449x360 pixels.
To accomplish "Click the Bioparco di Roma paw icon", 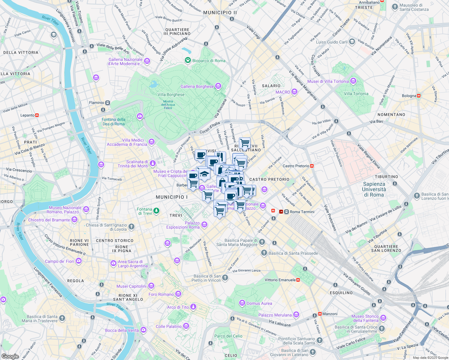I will click(188, 60).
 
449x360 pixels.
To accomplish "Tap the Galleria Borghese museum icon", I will click(218, 86).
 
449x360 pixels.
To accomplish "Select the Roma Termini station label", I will click(302, 212).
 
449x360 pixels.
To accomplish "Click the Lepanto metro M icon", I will click(37, 115).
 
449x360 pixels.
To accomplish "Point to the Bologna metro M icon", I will click(419, 96).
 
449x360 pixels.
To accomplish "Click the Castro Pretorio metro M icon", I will click(312, 166).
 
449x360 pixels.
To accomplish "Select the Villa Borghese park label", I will click(171, 94).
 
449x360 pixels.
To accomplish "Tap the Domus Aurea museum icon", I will click(242, 303).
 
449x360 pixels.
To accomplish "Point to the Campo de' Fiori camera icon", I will click(79, 261).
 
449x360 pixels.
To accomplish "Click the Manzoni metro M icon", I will click(320, 314).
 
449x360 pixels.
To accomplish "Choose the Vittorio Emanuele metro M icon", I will click(298, 280).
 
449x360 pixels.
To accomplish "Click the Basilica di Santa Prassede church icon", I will click(264, 253).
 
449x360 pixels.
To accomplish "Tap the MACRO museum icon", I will click(294, 92).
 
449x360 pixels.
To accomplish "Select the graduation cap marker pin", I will click(204, 174).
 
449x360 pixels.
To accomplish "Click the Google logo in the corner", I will click(10, 356).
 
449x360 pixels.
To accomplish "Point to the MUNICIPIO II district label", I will click(220, 13).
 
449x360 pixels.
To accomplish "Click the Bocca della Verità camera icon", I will click(143, 330).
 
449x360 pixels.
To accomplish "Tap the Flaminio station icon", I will click(107, 103).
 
